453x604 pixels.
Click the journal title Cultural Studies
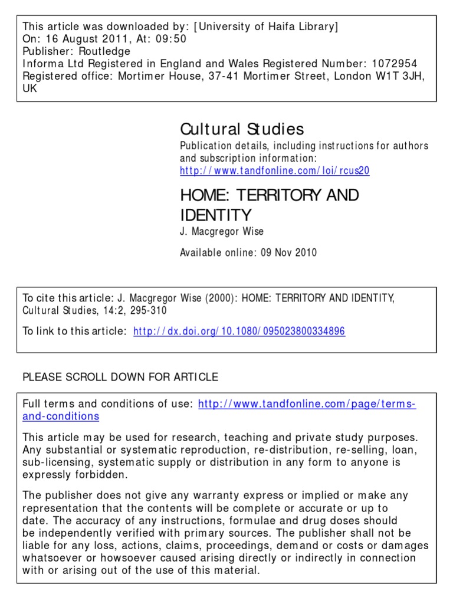[242, 129]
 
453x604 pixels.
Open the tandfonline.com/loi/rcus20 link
[274, 170]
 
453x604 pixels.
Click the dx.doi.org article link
[239, 331]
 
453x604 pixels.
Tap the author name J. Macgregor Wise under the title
[221, 232]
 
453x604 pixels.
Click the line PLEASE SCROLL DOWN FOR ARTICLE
[120, 377]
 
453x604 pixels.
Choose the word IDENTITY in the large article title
[215, 215]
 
